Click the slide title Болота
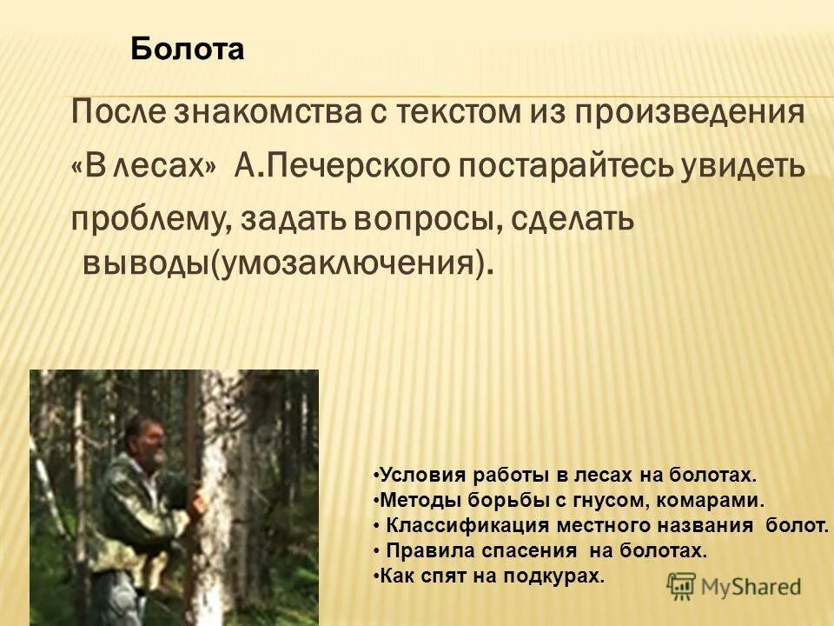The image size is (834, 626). [x=188, y=49]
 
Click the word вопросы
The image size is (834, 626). [x=425, y=221]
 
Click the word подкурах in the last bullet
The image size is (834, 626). [x=556, y=575]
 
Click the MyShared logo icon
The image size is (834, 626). [x=681, y=586]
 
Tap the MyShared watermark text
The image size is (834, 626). [x=751, y=587]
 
